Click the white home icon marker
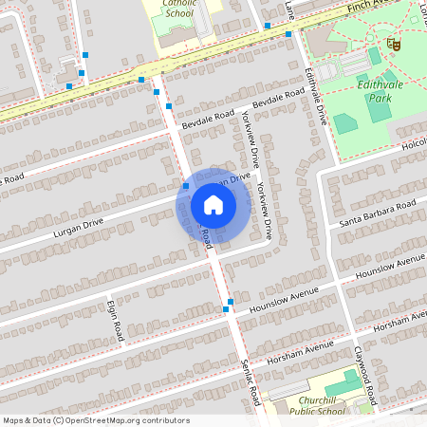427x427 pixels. (213, 204)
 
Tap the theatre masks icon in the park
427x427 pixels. (392, 43)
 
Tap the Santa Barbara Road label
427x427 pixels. (378, 213)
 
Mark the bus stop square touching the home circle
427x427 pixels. (186, 187)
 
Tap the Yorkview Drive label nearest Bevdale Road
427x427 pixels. (251, 139)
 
